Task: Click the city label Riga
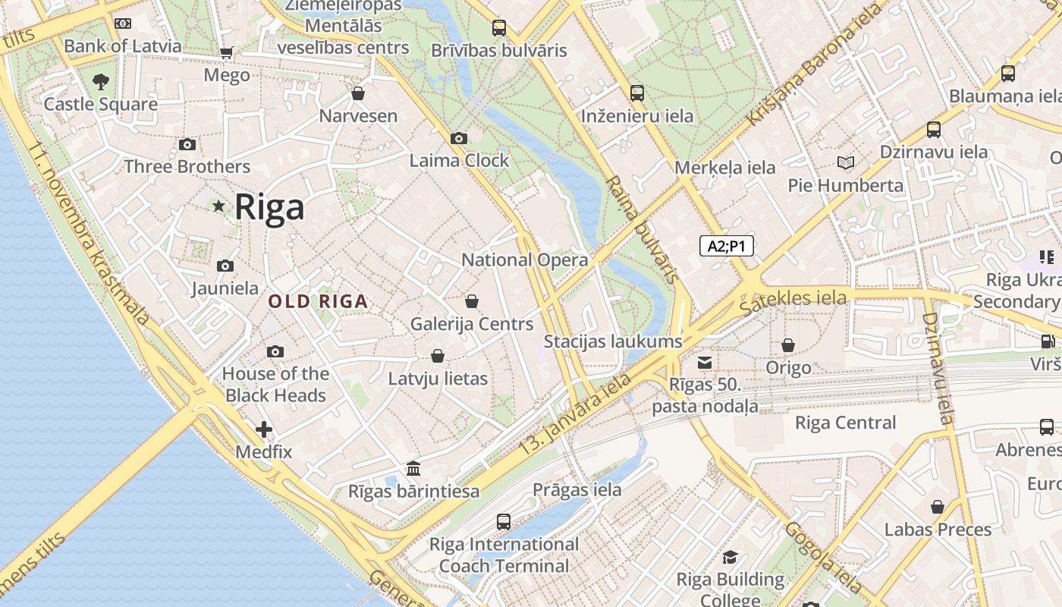[x=269, y=207]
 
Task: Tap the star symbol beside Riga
[x=219, y=206]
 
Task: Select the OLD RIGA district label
[x=318, y=301]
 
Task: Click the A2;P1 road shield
[x=726, y=246]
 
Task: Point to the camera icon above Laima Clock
[x=458, y=138]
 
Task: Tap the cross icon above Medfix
[x=263, y=430]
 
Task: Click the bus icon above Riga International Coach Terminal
[x=503, y=521]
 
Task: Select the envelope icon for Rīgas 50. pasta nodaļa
[x=705, y=362]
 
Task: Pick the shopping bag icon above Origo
[x=788, y=345]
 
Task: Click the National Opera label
[x=524, y=259]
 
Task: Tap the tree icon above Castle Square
[x=100, y=81]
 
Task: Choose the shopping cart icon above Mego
[x=226, y=52]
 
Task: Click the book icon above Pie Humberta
[x=845, y=162]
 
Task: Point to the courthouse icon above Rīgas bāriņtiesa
[x=413, y=468]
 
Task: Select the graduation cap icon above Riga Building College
[x=730, y=558]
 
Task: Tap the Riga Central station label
[x=845, y=423]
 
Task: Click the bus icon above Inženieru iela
[x=636, y=93]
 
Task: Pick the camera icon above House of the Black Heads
[x=275, y=351]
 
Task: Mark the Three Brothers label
[x=187, y=166]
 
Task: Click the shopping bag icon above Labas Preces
[x=938, y=507]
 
